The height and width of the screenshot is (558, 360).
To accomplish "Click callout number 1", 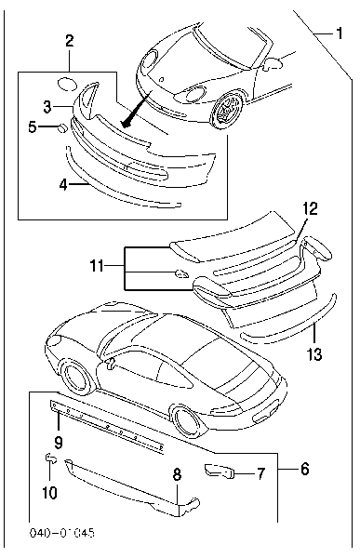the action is (340, 33).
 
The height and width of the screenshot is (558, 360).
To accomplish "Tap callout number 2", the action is (69, 41).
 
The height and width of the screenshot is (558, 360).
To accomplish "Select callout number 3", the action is (47, 106).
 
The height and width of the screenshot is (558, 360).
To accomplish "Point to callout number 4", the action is (63, 184).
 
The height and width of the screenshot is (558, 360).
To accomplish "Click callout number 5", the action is (33, 126).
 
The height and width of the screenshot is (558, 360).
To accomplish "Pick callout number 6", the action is (305, 469).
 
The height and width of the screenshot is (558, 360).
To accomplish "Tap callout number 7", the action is (261, 473).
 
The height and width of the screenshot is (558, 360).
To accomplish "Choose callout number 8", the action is (177, 474).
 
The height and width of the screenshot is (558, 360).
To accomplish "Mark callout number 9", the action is (59, 443).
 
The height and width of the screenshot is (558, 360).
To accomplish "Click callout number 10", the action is (49, 493).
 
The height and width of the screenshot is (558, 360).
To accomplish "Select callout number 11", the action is (96, 266).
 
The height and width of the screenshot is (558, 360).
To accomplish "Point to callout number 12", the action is (310, 209).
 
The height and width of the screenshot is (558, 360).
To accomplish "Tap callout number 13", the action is (314, 354).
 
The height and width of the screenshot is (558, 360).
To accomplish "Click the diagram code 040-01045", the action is (62, 533).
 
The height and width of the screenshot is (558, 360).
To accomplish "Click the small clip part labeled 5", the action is (63, 127).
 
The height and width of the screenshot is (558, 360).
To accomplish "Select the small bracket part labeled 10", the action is (50, 458).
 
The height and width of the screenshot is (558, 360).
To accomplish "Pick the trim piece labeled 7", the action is (220, 472).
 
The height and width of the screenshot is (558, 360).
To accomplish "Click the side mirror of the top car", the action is (273, 64).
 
